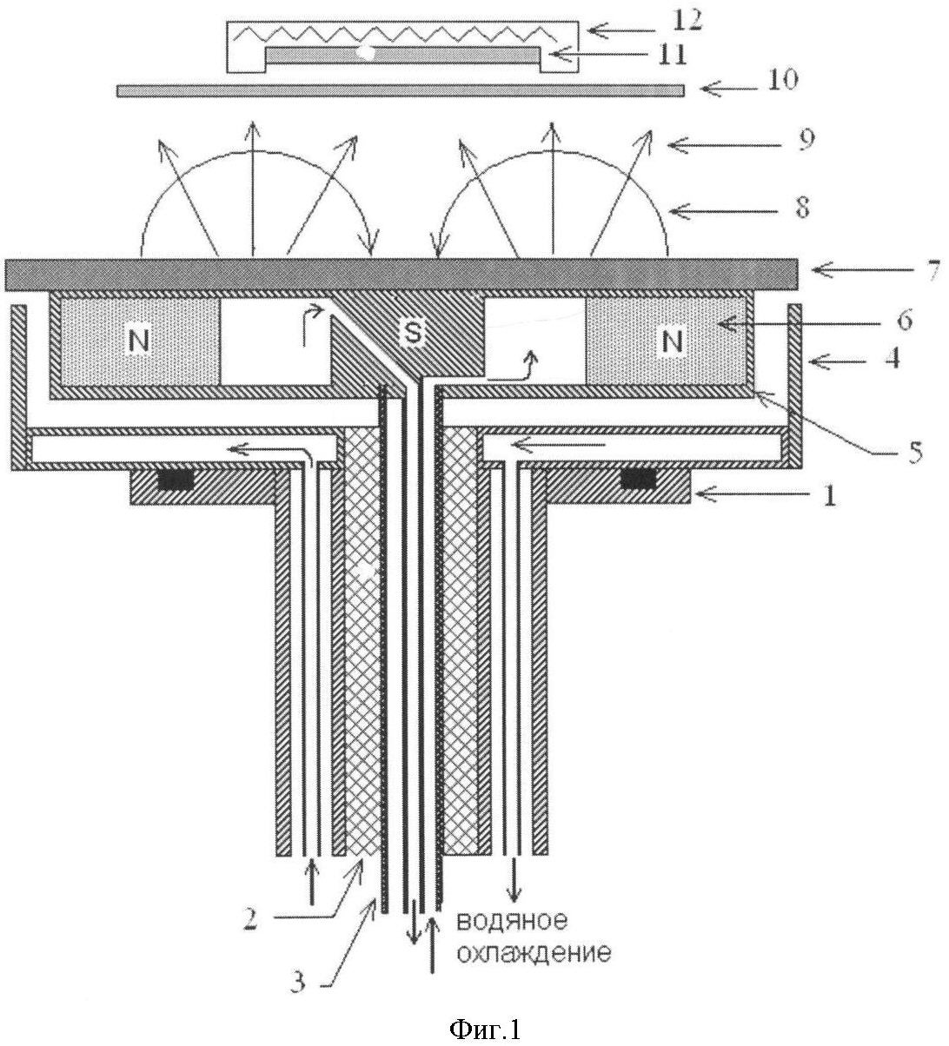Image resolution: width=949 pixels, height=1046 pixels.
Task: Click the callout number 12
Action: pos(681,20)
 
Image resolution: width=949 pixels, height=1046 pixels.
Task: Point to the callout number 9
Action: pos(806,140)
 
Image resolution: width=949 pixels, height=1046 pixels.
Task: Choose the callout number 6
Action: pos(903,321)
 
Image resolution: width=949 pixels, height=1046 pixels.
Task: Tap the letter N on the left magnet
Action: pos(138,341)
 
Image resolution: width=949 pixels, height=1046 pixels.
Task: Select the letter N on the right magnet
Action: pos(670,341)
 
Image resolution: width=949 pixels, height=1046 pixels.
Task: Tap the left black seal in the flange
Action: pos(177,479)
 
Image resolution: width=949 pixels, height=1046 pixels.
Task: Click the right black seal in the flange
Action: pos(637,479)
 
